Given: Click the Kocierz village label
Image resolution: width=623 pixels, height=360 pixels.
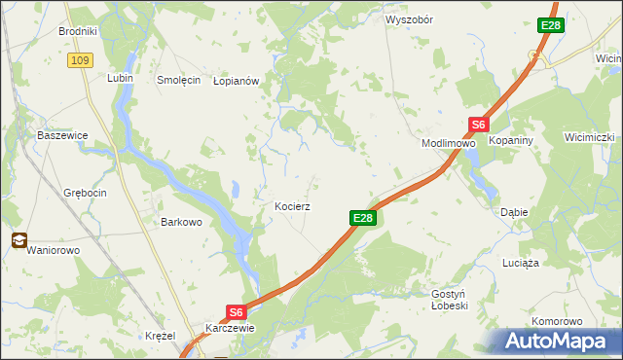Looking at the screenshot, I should pyautogui.click(x=292, y=207).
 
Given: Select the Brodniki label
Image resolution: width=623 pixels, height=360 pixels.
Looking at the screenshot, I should pyautogui.click(x=77, y=31).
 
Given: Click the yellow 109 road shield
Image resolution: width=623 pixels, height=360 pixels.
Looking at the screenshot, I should pyautogui.click(x=80, y=60).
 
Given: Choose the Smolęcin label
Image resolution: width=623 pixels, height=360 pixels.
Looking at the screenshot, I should pyautogui.click(x=178, y=80).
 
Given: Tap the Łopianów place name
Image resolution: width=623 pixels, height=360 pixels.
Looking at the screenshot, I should pyautogui.click(x=236, y=82).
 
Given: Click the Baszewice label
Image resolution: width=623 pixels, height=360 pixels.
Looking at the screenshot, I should pyautogui.click(x=61, y=135).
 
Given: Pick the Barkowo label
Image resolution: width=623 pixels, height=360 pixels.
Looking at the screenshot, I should pyautogui.click(x=180, y=222).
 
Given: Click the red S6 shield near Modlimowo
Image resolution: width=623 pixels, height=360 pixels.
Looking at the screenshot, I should pyautogui.click(x=477, y=125).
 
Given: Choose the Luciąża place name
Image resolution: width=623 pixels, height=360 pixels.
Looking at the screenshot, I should pyautogui.click(x=521, y=263).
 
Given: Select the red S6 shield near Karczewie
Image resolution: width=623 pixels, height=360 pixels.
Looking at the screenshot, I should pyautogui.click(x=236, y=311).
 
